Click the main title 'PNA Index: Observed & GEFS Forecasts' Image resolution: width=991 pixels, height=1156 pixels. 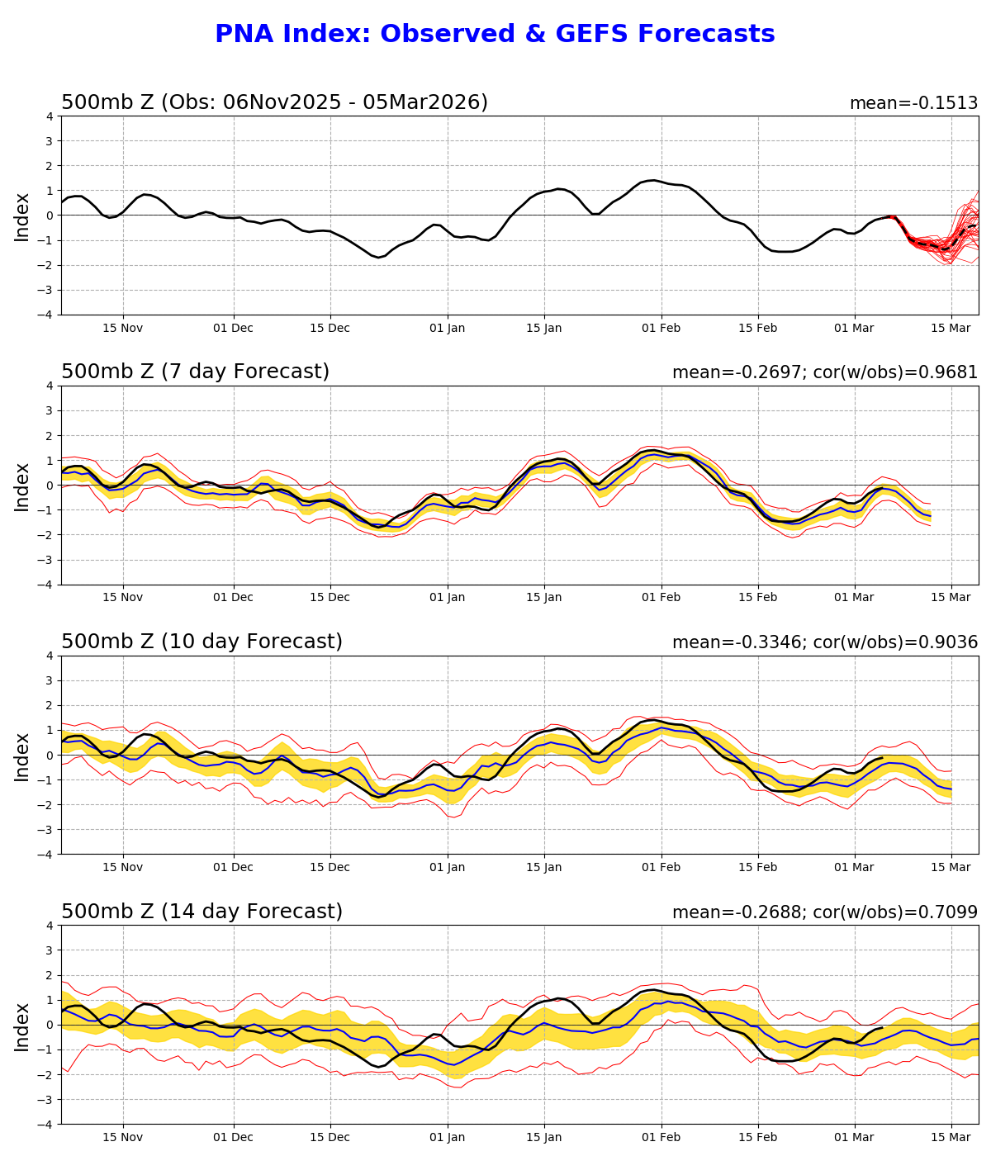[495, 34]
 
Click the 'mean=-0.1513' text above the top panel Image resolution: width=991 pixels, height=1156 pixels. [913, 104]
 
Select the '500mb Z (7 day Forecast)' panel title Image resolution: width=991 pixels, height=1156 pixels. [195, 372]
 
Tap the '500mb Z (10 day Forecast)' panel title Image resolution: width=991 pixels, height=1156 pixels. [202, 642]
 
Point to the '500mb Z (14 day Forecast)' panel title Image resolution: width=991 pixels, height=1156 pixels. [202, 912]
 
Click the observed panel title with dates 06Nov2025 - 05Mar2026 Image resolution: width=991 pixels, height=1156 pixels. [274, 102]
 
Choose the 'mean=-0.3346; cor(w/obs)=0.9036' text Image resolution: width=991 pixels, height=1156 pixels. [824, 643]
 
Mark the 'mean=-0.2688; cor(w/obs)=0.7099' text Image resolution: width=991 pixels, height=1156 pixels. [824, 913]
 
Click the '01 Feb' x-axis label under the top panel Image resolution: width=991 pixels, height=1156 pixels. [661, 328]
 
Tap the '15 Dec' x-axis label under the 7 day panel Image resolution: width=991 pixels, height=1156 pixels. [330, 598]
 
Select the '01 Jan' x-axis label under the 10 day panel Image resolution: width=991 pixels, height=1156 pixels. [448, 868]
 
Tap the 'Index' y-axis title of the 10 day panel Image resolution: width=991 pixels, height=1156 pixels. [22, 756]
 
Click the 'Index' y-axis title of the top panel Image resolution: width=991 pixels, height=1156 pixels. [22, 216]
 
